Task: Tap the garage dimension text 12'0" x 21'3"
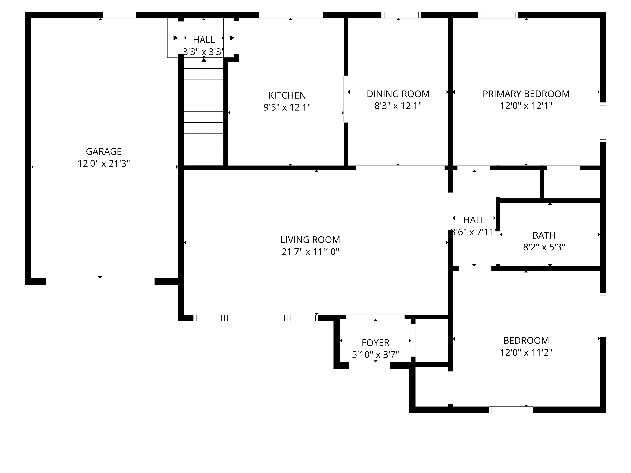[x=104, y=163]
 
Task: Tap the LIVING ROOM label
[x=310, y=240]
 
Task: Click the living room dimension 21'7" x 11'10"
[x=310, y=252]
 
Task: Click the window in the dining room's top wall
[x=401, y=15]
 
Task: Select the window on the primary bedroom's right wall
[x=603, y=122]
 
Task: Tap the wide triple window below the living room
[x=256, y=318]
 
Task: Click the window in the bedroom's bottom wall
[x=511, y=410]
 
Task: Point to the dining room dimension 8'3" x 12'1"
[x=398, y=106]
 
